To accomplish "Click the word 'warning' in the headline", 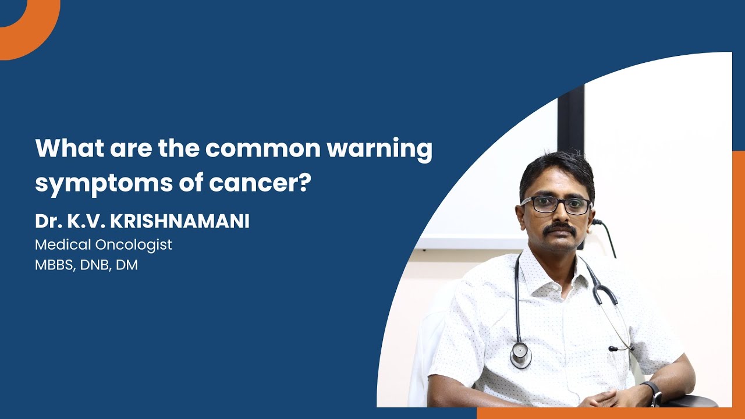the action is coord(379,150).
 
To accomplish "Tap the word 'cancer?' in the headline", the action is coord(260,182).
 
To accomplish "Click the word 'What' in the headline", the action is coord(69,148).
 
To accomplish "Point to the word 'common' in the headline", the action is coord(262,150).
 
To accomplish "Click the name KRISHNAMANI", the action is coord(180,221).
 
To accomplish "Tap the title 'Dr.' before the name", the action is coord(48,221).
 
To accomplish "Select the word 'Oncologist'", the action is coord(134,245).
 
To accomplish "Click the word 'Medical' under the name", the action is coord(63,244).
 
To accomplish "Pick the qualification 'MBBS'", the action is coord(55,265).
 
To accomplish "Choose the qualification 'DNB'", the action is coord(95,265).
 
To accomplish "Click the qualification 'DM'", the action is coord(127,265).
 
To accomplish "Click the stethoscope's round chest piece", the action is coord(520,355).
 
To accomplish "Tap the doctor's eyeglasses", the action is coord(556,204).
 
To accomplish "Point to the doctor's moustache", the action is coord(560,229).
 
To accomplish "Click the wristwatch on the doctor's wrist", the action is coord(653,393).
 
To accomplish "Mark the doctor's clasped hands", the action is coord(605,399).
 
